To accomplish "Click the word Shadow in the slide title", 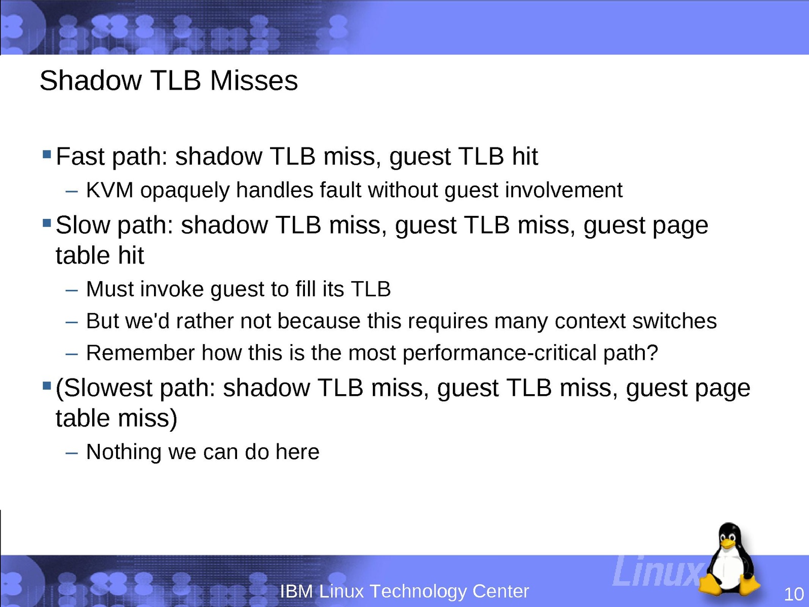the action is [x=91, y=81].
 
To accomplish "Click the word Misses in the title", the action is [x=254, y=81].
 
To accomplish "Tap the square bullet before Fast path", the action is [x=47, y=154].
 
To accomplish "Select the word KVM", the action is [x=109, y=190].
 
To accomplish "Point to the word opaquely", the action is [x=185, y=192].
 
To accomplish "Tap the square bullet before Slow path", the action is [x=47, y=222].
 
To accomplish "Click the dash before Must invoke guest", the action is [x=71, y=290].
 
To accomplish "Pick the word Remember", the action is [x=140, y=353].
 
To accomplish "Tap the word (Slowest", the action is [x=104, y=388].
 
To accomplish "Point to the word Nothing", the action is [x=124, y=452].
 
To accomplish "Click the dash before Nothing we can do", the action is [x=71, y=453].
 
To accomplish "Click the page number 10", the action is [x=793, y=594].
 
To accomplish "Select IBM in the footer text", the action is [x=296, y=591].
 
